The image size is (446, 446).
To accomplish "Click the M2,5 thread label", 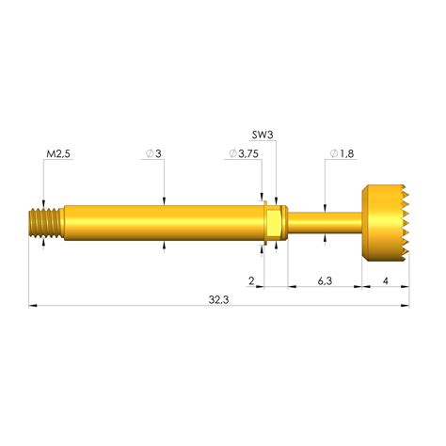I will point(59,152).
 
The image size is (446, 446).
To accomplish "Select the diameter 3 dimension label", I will point(155,152).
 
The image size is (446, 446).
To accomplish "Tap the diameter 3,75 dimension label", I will point(244,152).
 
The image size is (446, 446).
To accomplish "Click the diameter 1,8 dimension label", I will point(340,152).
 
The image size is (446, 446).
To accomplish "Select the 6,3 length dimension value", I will point(323,281).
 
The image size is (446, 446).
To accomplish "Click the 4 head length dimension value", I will point(386,281).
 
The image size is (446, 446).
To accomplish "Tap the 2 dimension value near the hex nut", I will point(251,281).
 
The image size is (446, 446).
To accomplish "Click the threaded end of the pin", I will point(43,222).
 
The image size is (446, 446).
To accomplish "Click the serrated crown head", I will point(381,222).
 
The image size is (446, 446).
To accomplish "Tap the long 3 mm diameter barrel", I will point(160,223).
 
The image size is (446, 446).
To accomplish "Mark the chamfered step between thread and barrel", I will point(62,223).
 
